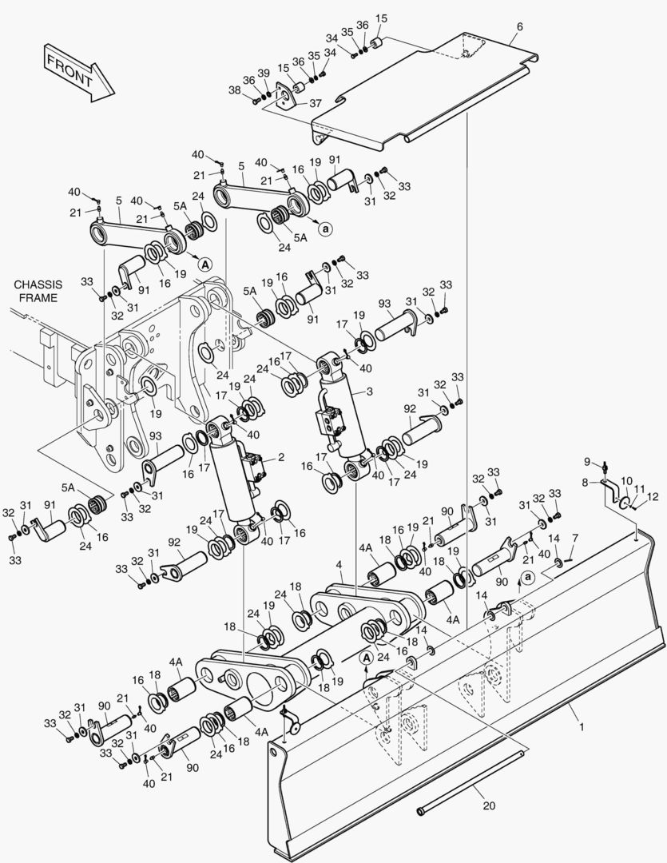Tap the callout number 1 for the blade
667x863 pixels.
point(582,728)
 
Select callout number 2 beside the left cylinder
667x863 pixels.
point(280,458)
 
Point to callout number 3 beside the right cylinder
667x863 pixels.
point(369,392)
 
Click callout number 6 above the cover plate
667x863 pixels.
point(519,26)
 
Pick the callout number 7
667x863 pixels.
point(575,537)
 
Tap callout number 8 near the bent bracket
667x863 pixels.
point(584,483)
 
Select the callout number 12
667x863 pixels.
point(652,496)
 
